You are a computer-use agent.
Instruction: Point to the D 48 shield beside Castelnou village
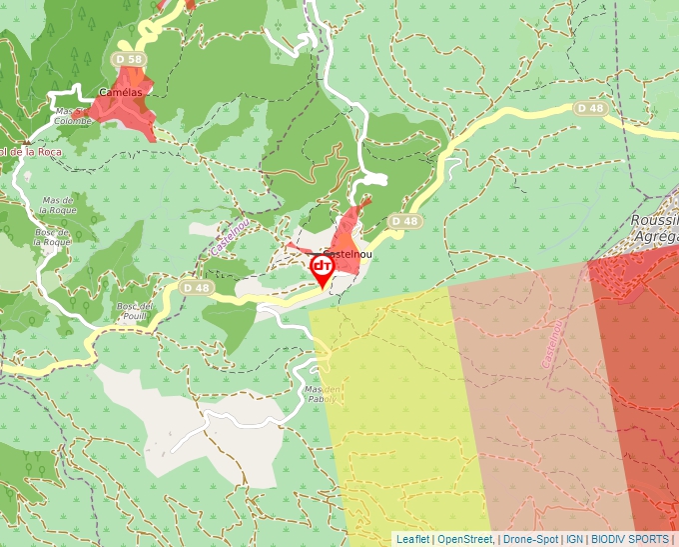[404, 220]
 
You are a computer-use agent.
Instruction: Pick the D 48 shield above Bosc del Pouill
[198, 288]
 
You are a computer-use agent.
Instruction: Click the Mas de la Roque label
[59, 205]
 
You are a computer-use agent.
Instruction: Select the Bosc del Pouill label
[133, 311]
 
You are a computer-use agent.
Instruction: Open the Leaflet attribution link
[412, 539]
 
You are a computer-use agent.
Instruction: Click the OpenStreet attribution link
[466, 539]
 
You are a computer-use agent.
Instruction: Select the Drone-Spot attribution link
[530, 539]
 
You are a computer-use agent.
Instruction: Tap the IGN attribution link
[574, 539]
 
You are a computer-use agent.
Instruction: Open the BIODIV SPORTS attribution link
[629, 539]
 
